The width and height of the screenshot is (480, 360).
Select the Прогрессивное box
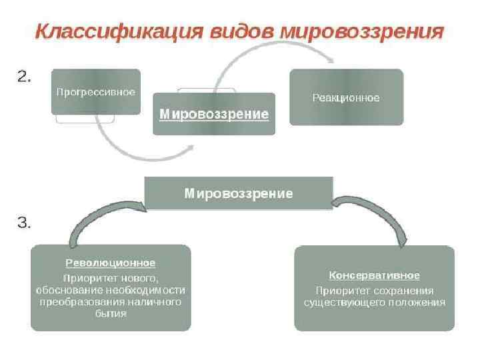(x=96, y=91)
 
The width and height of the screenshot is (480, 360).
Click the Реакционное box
(x=346, y=97)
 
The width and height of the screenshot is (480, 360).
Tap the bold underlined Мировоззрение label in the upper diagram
(x=214, y=115)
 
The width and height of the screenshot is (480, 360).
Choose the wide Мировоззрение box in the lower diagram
(x=239, y=193)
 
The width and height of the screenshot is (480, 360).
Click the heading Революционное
(x=110, y=263)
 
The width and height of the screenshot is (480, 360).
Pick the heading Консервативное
(x=374, y=275)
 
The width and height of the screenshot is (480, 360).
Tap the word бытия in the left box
(x=111, y=313)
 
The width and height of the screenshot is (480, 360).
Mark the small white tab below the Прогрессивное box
(x=85, y=119)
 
